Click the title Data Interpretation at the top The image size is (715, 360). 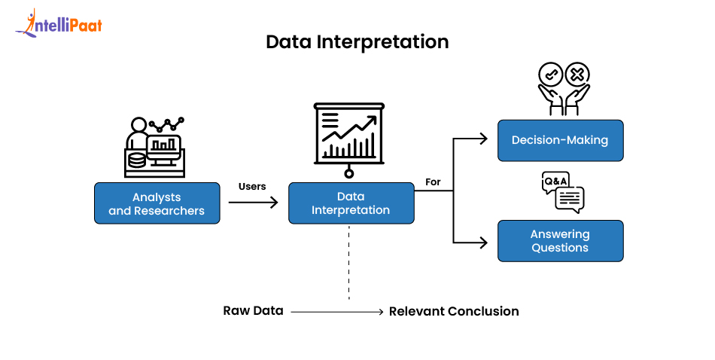point(357,42)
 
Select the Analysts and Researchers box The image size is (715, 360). point(157,203)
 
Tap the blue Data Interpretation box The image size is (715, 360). point(351,203)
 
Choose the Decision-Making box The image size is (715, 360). point(560,140)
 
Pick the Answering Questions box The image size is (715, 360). point(560,241)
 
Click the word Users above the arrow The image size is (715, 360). point(252,186)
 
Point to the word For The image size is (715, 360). point(433,182)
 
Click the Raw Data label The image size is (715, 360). point(253,310)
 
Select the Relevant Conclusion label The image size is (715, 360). point(454,311)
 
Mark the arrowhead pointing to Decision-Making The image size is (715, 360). point(485,138)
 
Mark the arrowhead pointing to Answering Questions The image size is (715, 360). point(485,243)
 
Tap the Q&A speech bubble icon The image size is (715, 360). point(562,191)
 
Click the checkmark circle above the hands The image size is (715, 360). point(550,75)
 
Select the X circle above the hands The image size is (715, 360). point(577,75)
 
